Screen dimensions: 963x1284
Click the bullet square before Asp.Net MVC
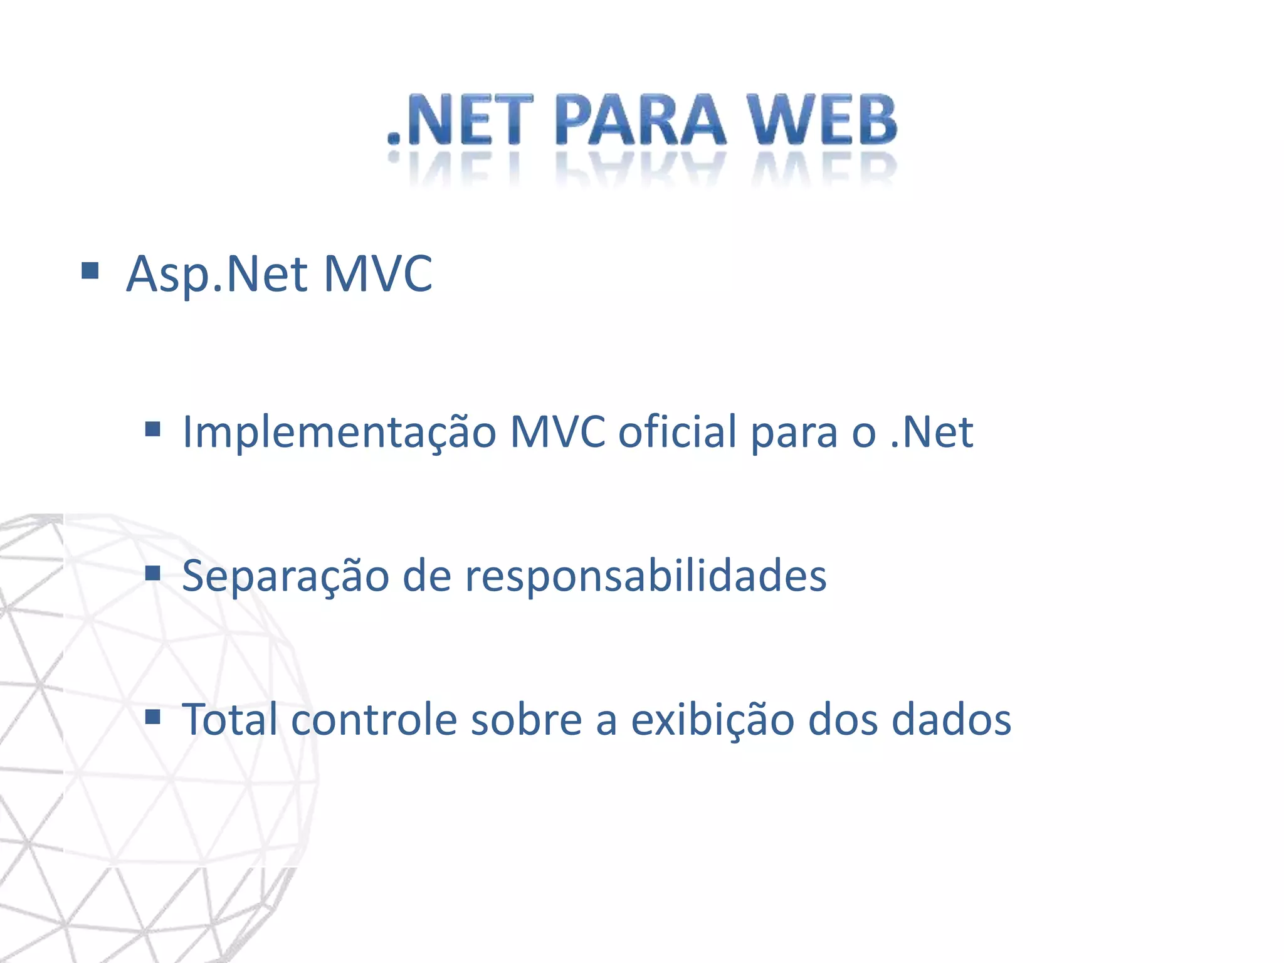90,271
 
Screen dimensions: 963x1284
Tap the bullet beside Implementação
152,429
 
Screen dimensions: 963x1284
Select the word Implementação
339,433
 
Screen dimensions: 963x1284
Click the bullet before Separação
152,572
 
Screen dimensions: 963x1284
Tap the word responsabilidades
646,576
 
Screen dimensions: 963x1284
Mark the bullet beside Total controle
152,716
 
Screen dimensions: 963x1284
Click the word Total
229,718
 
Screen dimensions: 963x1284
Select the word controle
374,718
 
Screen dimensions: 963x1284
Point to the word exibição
712,718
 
